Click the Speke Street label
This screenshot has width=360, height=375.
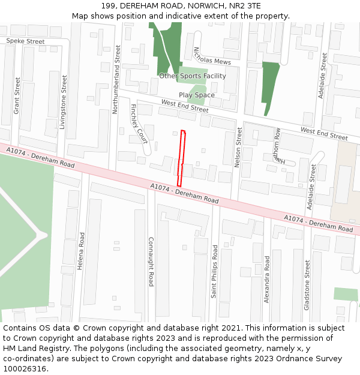[25, 41]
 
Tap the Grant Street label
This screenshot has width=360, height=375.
[17, 95]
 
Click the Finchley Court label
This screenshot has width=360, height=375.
[139, 124]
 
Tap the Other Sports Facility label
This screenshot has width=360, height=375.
[193, 76]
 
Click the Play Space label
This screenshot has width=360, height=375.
[196, 95]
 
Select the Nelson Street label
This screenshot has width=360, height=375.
[239, 147]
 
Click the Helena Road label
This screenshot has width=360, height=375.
[80, 251]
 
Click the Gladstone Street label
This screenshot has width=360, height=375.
[307, 284]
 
